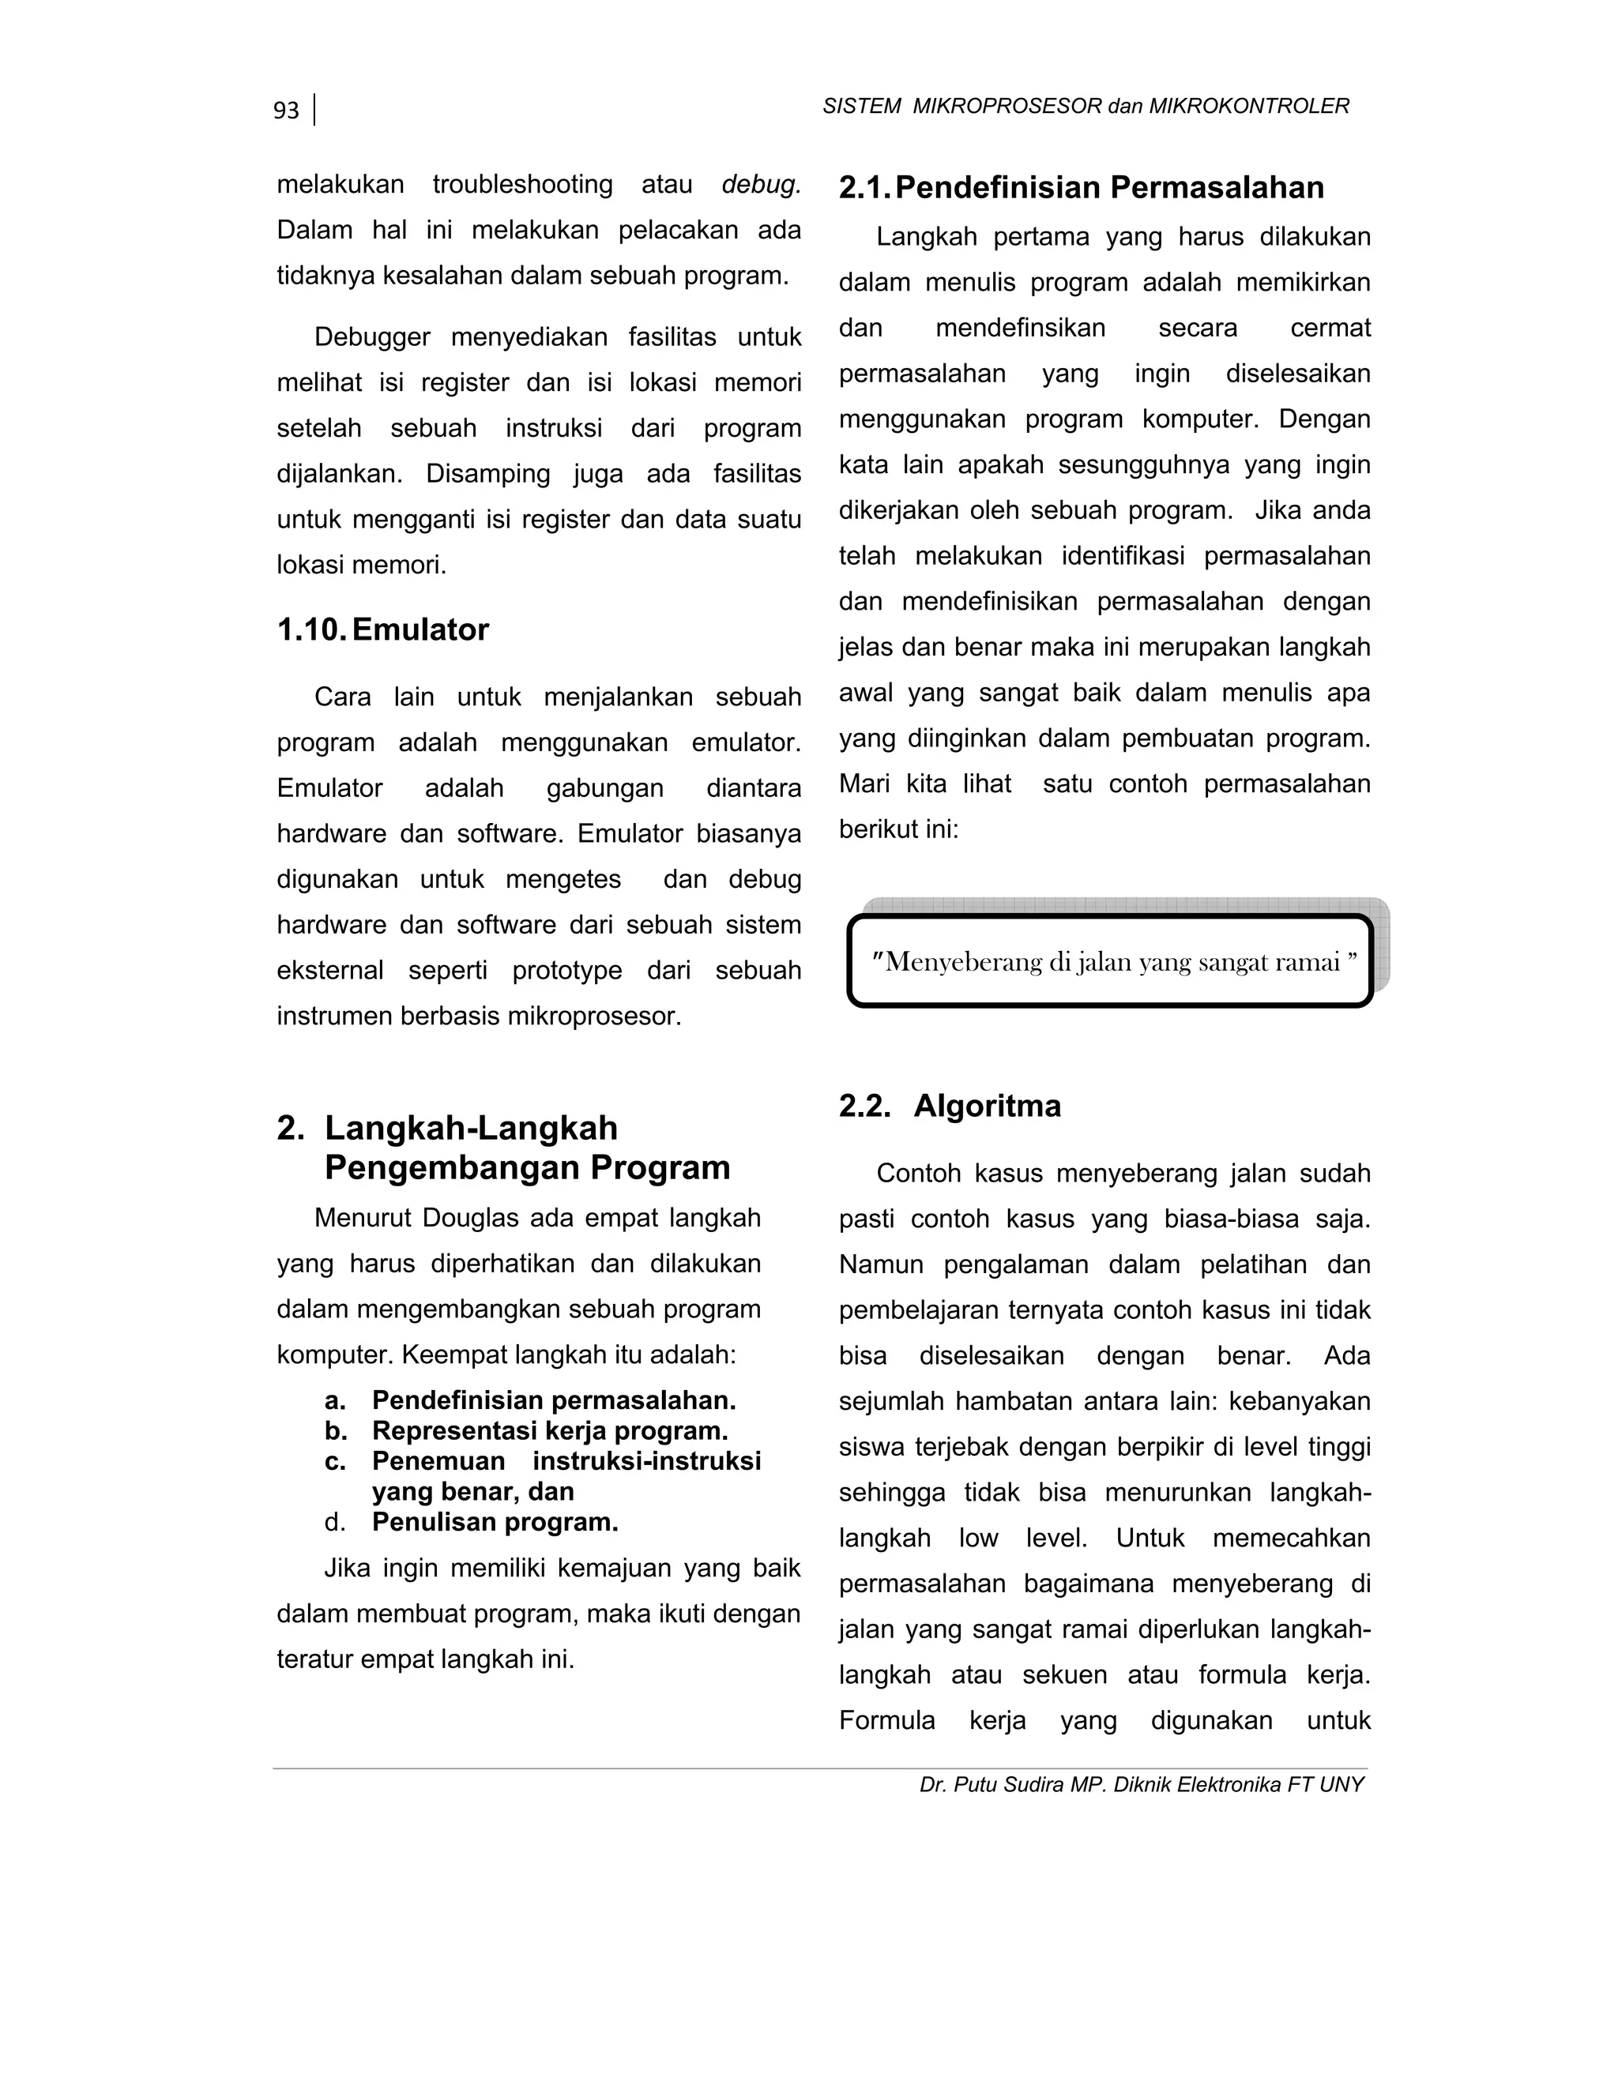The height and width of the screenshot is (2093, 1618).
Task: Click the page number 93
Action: (286, 111)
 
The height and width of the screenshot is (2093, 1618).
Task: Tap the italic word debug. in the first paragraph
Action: (761, 184)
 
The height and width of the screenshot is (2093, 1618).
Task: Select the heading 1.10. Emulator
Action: (382, 629)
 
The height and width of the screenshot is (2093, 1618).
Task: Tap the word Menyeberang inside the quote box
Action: (962, 962)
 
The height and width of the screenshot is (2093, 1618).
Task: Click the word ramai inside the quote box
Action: (1308, 962)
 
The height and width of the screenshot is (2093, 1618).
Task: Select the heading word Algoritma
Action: (988, 1106)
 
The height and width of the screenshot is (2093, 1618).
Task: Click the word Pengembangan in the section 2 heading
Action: (455, 1167)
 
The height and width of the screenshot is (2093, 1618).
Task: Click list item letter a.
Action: (334, 1400)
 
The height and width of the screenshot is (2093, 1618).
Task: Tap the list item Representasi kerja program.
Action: (549, 1431)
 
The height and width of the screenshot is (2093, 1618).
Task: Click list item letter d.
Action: (334, 1522)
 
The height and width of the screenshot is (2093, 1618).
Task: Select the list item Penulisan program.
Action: (495, 1522)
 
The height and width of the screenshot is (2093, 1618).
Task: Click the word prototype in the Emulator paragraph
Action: (566, 971)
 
